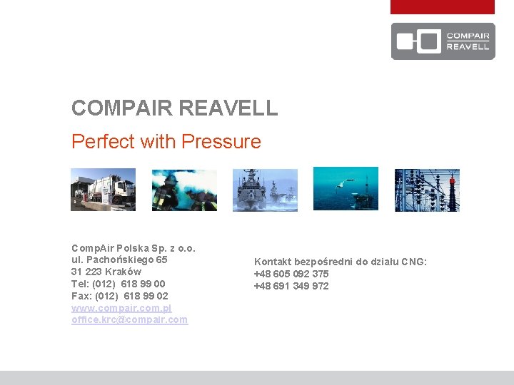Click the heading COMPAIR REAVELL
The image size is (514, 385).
174,108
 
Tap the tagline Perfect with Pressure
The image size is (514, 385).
166,141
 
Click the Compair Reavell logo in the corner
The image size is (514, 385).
443,41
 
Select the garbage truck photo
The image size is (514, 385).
103,190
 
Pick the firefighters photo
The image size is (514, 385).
184,190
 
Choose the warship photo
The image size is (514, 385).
265,190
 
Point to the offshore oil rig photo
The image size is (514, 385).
346,189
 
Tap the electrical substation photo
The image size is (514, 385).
427,190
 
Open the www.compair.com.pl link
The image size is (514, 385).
121,308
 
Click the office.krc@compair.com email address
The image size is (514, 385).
129,320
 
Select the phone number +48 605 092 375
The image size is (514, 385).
291,274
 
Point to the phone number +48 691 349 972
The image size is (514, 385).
291,286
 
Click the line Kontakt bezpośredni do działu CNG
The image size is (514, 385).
341,262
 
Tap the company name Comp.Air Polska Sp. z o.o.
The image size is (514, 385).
133,248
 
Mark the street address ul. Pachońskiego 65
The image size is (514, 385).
119,260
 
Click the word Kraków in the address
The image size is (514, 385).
123,272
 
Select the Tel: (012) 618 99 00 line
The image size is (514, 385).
118,284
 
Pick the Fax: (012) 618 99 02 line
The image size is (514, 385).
119,296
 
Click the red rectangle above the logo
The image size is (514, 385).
442,7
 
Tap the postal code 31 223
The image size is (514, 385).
86,272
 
